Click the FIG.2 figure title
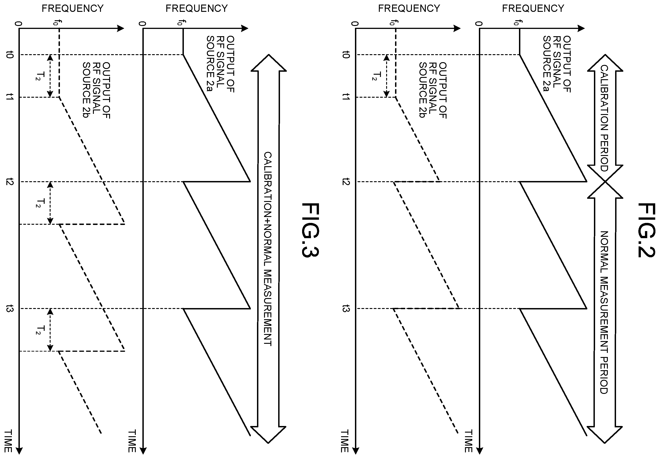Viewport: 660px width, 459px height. [646, 230]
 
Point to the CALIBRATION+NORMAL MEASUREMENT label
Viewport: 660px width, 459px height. [268, 249]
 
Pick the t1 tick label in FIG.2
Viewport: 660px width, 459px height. [346, 97]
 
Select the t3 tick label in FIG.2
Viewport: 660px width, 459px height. [346, 309]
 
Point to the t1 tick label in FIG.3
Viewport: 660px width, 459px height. [10, 97]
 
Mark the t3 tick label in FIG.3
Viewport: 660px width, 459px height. [10, 309]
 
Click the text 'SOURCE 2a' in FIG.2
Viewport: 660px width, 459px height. [547, 64]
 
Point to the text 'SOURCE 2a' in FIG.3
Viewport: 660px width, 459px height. [211, 64]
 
